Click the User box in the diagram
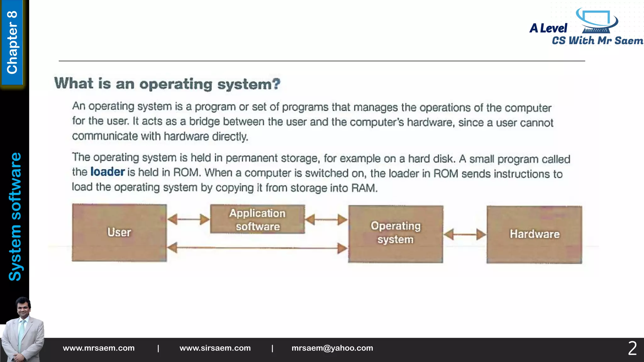(119, 233)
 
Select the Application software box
(258, 219)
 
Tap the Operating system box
(396, 234)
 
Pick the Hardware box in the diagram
(534, 234)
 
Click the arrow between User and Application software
(188, 219)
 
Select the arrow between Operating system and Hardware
(465, 234)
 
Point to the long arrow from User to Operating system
(257, 248)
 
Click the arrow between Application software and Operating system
(326, 220)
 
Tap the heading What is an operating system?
(167, 84)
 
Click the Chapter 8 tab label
(12, 42)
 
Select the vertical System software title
(15, 217)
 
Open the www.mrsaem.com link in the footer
(99, 348)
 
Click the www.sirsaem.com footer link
(215, 348)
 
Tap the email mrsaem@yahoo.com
(332, 348)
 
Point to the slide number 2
(632, 348)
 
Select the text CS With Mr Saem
(597, 41)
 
